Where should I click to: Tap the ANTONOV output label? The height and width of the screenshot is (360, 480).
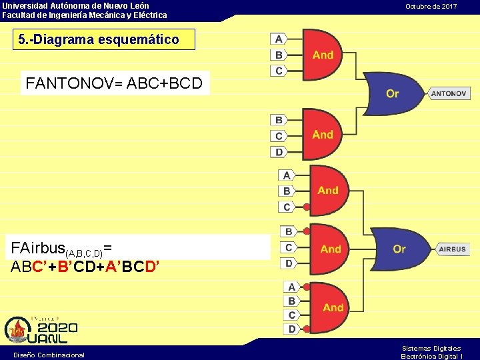tap(449, 93)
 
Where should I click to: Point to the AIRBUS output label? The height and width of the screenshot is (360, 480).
tap(453, 249)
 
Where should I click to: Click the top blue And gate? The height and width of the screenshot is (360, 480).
tap(321, 55)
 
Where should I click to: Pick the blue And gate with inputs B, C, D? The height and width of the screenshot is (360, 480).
tap(321, 135)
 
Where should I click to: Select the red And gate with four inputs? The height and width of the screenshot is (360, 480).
tap(330, 307)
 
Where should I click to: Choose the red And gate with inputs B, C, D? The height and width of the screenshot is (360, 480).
tap(329, 249)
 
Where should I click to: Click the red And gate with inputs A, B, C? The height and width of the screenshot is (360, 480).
tap(327, 191)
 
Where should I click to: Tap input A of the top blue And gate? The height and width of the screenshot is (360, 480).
tap(279, 39)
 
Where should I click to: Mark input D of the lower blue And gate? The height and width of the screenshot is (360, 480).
tap(279, 152)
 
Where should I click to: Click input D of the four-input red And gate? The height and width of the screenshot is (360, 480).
tap(291, 329)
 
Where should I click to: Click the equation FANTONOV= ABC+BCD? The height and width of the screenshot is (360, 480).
tap(115, 84)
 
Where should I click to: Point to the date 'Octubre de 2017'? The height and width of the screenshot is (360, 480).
tap(431, 6)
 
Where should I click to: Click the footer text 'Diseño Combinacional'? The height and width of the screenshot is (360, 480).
tap(49, 355)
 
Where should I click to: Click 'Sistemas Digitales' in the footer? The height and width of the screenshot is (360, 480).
tap(431, 348)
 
